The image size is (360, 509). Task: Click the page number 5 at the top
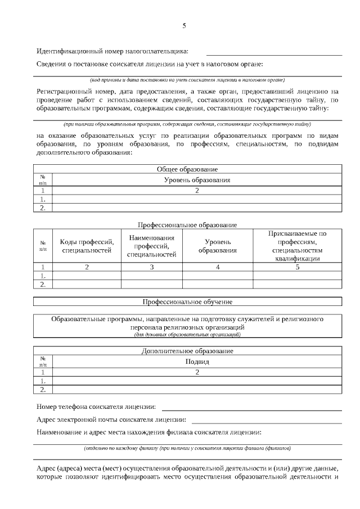point(184,26)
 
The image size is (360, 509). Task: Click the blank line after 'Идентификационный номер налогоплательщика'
point(273,55)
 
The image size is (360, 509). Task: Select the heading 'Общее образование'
point(187,169)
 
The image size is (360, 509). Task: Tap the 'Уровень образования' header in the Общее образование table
point(197,180)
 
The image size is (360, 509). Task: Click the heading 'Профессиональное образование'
point(187,224)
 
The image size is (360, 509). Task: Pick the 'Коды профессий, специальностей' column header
point(87,246)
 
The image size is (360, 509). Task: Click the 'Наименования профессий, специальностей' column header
point(152,246)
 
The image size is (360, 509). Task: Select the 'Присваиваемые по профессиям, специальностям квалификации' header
point(298,246)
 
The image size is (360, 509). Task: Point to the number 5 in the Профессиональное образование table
point(298,267)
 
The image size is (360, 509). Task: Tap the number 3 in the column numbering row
point(152,267)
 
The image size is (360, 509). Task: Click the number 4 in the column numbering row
point(217,267)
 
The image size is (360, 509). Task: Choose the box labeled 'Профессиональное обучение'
point(187,302)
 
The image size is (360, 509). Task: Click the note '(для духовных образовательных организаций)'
point(187,334)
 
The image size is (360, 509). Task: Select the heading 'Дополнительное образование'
point(187,351)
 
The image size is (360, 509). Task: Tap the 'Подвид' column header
point(197,362)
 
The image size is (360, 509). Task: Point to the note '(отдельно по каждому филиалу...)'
point(187,449)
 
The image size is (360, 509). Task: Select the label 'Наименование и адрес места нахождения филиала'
point(148,433)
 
